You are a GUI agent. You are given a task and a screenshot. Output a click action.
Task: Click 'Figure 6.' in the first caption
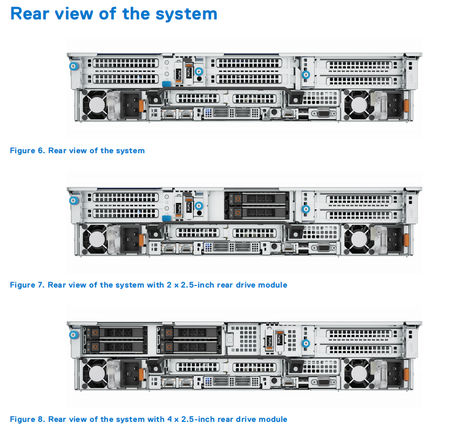[x=27, y=151]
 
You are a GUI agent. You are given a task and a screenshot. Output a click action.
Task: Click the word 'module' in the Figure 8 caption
[x=273, y=419]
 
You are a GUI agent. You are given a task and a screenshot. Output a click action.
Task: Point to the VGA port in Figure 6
[x=323, y=114]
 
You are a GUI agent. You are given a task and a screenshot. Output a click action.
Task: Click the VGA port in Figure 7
[x=323, y=248]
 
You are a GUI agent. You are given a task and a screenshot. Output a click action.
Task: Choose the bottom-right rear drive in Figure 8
[x=190, y=346]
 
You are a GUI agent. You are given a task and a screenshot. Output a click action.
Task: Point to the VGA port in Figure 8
[x=323, y=382]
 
